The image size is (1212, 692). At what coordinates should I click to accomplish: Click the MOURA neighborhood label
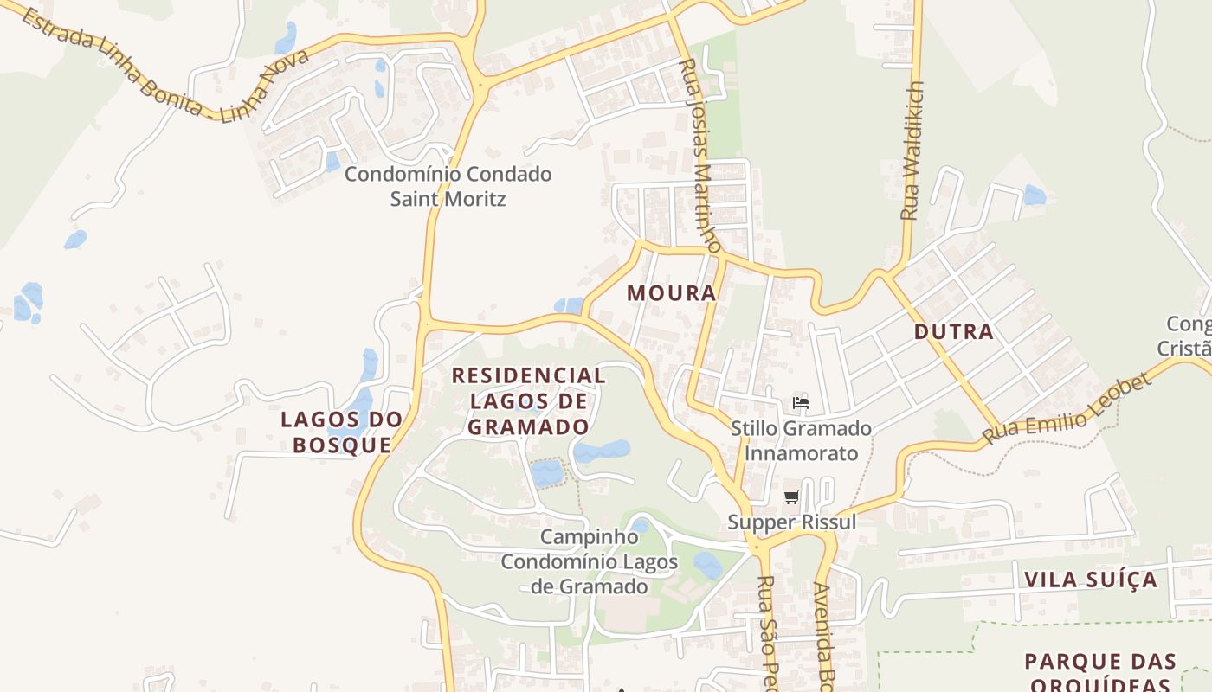pyautogui.click(x=672, y=293)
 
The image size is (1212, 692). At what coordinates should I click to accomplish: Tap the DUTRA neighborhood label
pyautogui.click(x=953, y=331)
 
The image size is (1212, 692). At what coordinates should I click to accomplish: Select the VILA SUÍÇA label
pyautogui.click(x=1090, y=580)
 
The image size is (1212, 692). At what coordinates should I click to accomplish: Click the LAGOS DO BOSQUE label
pyautogui.click(x=342, y=432)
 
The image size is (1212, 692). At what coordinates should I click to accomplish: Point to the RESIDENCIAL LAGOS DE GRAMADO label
pyautogui.click(x=528, y=400)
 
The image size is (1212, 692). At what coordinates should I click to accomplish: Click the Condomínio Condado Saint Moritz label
pyautogui.click(x=448, y=186)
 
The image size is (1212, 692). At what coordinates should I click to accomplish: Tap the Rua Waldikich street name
pyautogui.click(x=912, y=151)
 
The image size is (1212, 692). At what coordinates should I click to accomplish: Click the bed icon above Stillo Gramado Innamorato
pyautogui.click(x=801, y=403)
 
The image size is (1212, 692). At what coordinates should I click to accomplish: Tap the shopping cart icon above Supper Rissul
pyautogui.click(x=791, y=497)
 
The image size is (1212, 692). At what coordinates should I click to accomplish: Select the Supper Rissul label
pyautogui.click(x=791, y=522)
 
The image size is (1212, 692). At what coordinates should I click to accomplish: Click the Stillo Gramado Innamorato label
pyautogui.click(x=801, y=440)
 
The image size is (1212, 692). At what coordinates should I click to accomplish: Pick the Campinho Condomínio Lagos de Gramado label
pyautogui.click(x=589, y=561)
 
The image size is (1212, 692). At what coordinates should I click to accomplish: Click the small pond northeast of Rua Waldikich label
pyautogui.click(x=1035, y=195)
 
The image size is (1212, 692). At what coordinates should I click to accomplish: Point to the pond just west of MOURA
pyautogui.click(x=569, y=305)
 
